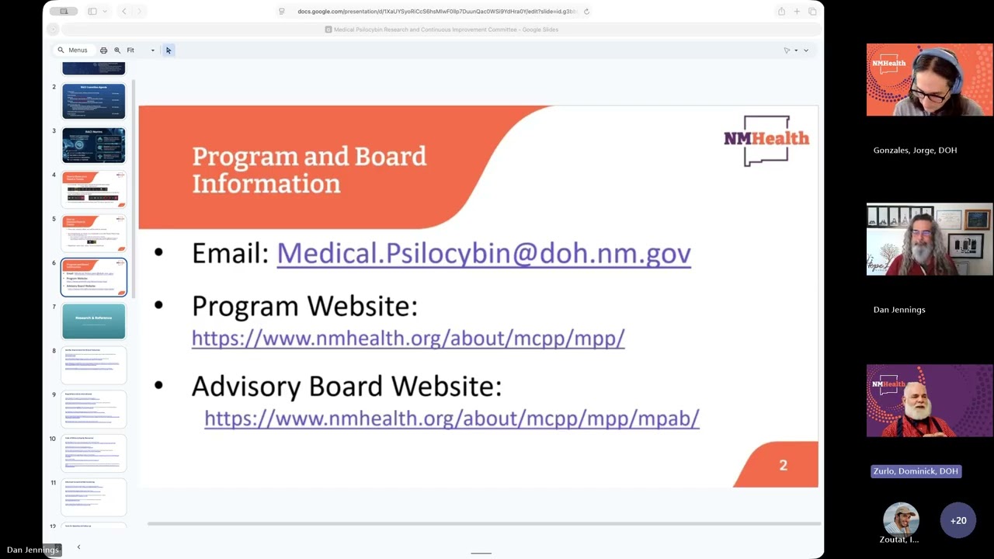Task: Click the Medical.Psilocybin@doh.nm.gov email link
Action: [483, 254]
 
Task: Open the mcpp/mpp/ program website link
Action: [408, 339]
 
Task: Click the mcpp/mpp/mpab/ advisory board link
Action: [451, 418]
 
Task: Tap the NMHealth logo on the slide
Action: [766, 141]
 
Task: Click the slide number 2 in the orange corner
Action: [783, 465]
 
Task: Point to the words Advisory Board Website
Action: [346, 386]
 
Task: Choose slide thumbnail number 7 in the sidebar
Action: [93, 321]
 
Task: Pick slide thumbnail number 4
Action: [93, 189]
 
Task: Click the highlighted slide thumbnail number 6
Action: [93, 277]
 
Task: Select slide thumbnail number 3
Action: [93, 145]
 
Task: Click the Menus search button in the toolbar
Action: [72, 50]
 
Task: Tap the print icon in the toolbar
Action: [103, 50]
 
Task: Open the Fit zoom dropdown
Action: [141, 50]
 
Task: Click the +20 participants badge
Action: [958, 521]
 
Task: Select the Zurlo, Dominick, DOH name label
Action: [916, 471]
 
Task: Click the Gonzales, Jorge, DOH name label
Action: [915, 151]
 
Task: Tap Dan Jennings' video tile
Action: [929, 240]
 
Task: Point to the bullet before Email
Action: [159, 252]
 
